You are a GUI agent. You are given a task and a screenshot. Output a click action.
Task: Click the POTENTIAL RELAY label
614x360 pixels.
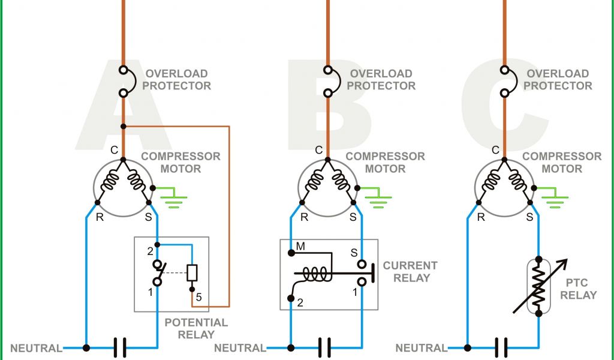click(196, 328)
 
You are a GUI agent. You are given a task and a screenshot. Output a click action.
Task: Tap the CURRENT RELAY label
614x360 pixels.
click(410, 271)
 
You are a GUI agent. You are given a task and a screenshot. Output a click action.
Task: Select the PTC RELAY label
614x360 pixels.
click(579, 289)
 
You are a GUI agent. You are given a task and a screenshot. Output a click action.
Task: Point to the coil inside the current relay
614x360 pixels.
click(315, 274)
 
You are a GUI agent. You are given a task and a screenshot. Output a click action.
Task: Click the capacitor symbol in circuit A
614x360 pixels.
click(121, 347)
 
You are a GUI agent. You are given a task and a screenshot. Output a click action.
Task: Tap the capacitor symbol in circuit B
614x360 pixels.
click(324, 347)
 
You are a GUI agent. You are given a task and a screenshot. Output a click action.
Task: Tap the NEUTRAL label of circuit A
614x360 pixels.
click(36, 348)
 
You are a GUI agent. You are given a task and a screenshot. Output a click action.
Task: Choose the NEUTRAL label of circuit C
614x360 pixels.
click(421, 348)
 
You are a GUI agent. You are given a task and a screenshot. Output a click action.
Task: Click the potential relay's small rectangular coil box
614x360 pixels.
click(192, 273)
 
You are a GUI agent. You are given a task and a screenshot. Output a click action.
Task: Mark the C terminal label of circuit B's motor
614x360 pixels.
click(319, 150)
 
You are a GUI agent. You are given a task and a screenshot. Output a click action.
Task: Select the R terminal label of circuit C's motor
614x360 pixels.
click(481, 217)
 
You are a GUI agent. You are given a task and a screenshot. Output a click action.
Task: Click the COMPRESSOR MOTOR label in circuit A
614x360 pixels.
click(180, 163)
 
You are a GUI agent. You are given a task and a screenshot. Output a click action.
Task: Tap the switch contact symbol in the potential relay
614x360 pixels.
click(157, 273)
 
